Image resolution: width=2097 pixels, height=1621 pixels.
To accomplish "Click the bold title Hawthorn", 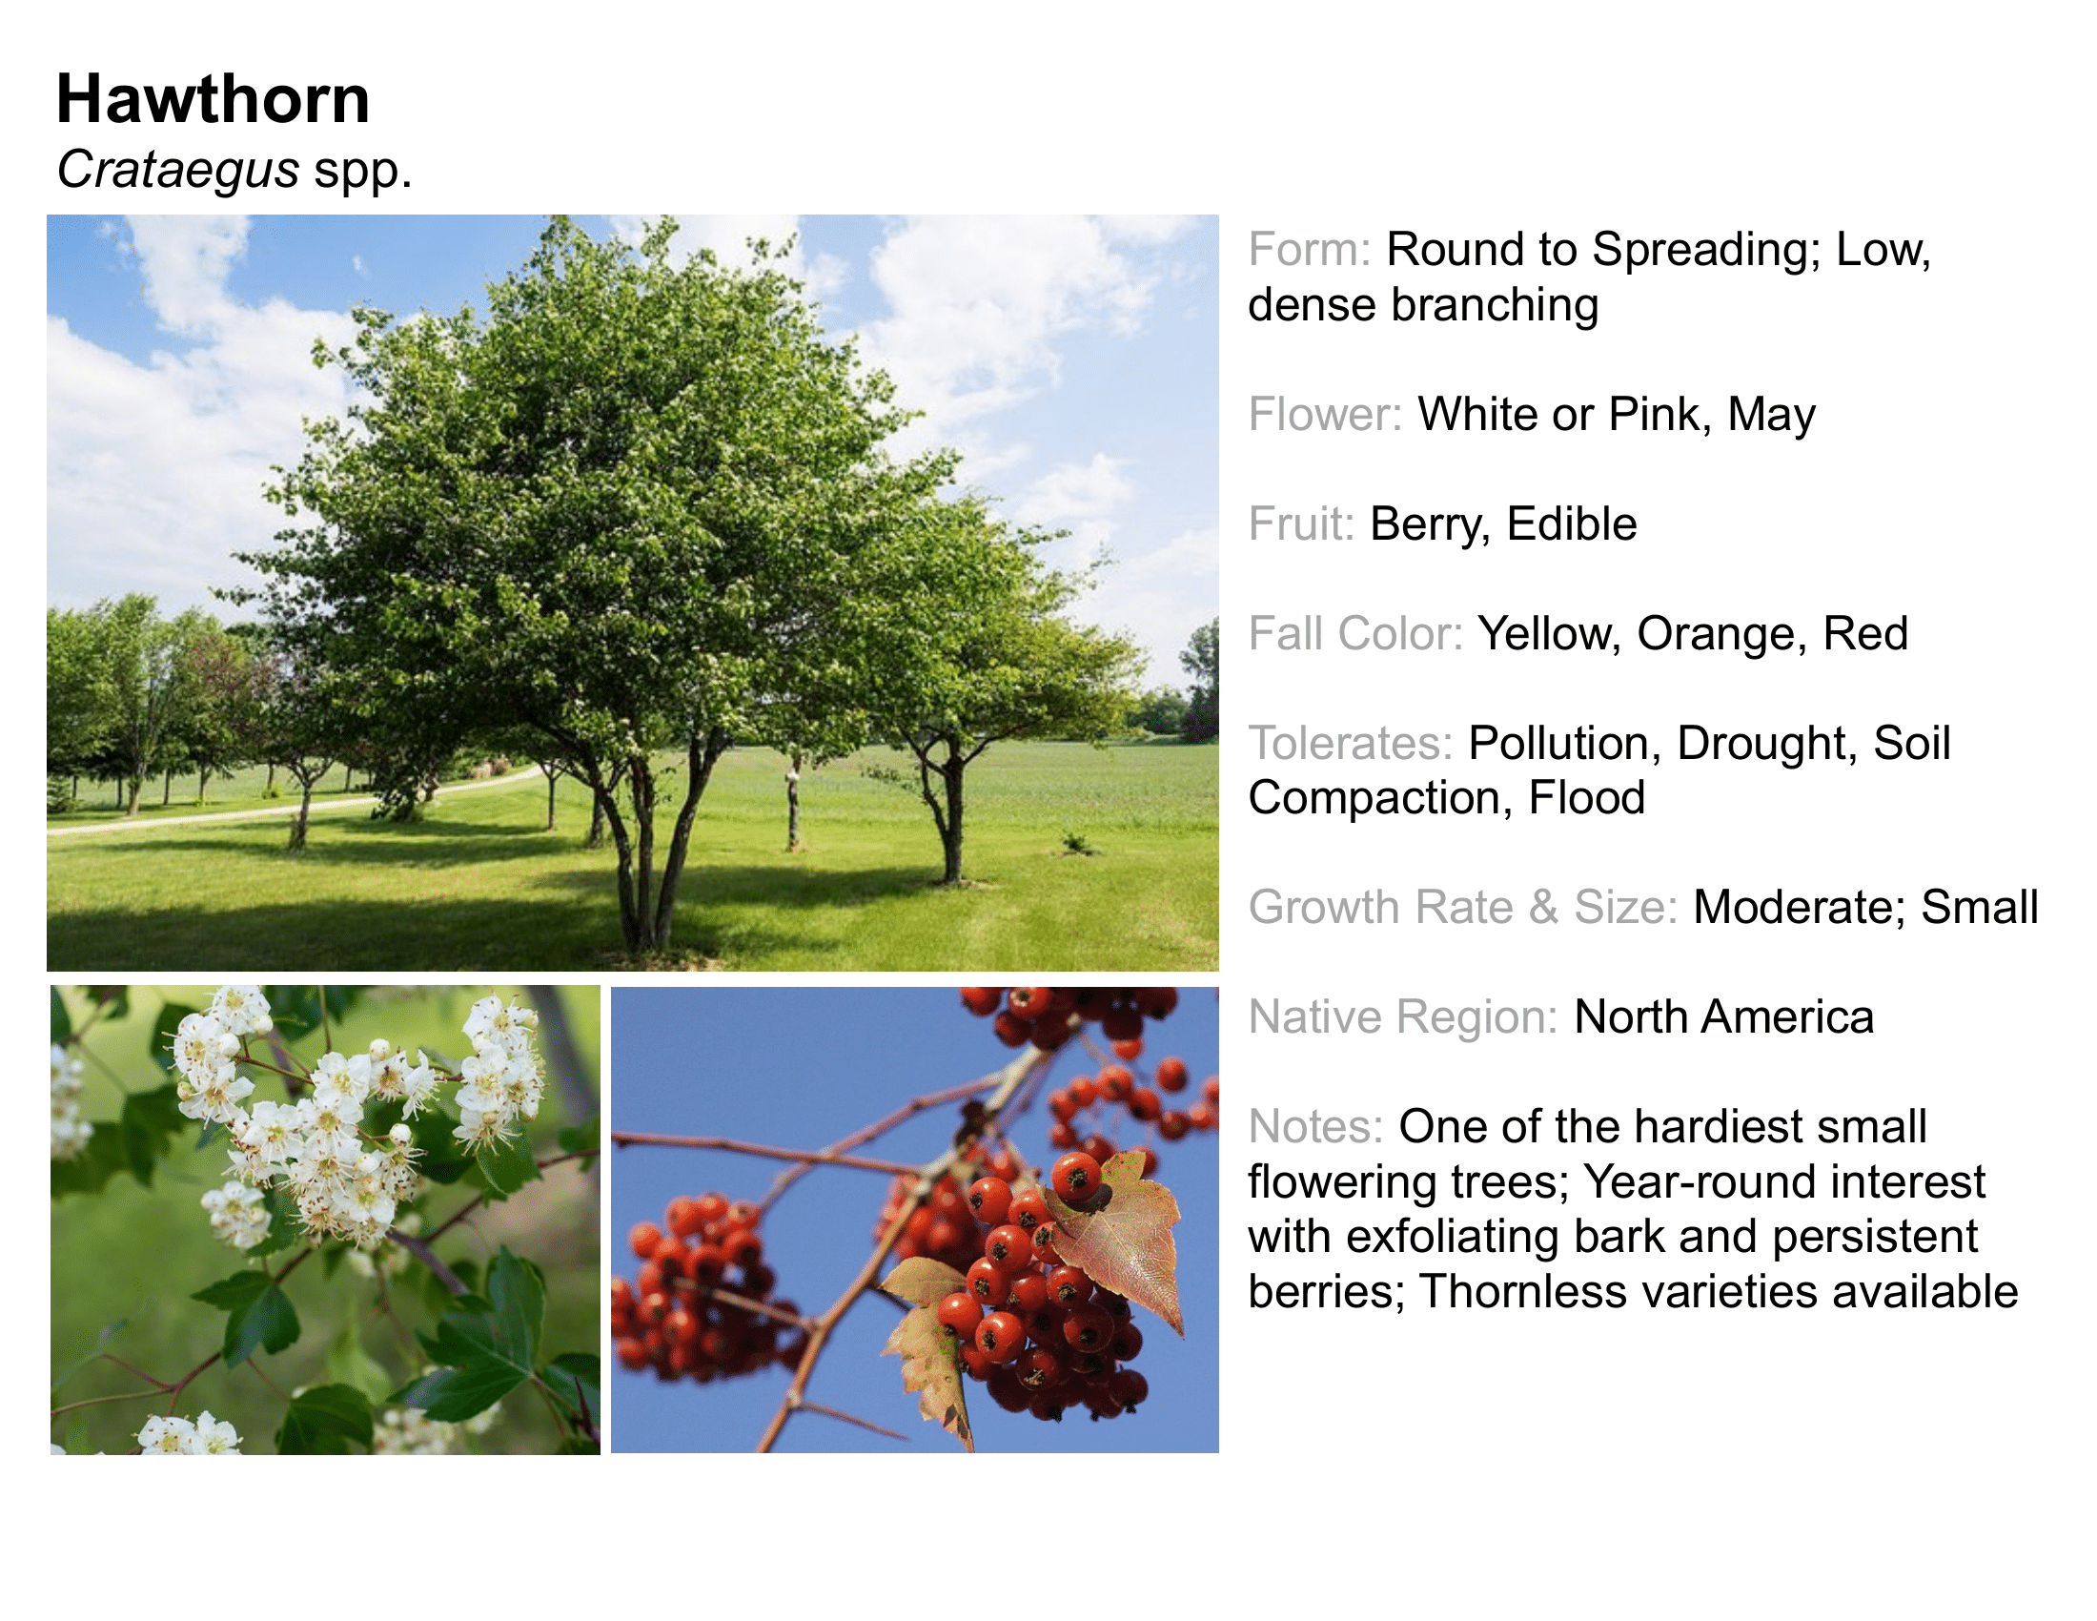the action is point(213,99).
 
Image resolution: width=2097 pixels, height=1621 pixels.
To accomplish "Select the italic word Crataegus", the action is point(177,171).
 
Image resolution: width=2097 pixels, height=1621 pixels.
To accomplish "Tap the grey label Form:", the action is point(1310,250).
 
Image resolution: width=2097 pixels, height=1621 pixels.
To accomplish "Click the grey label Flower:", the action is point(1325,415).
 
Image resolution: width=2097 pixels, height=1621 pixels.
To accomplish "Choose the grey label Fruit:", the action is point(1301,524).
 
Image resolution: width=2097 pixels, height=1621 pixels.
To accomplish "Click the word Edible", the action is point(1572,524).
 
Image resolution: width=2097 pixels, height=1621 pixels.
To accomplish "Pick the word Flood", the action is point(1586,798).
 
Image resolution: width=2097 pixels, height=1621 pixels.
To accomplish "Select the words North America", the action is point(1724,1017).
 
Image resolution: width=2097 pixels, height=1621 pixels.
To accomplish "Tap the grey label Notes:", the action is point(1315,1126).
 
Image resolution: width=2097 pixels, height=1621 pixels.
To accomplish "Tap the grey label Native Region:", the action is point(1403,1018).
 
